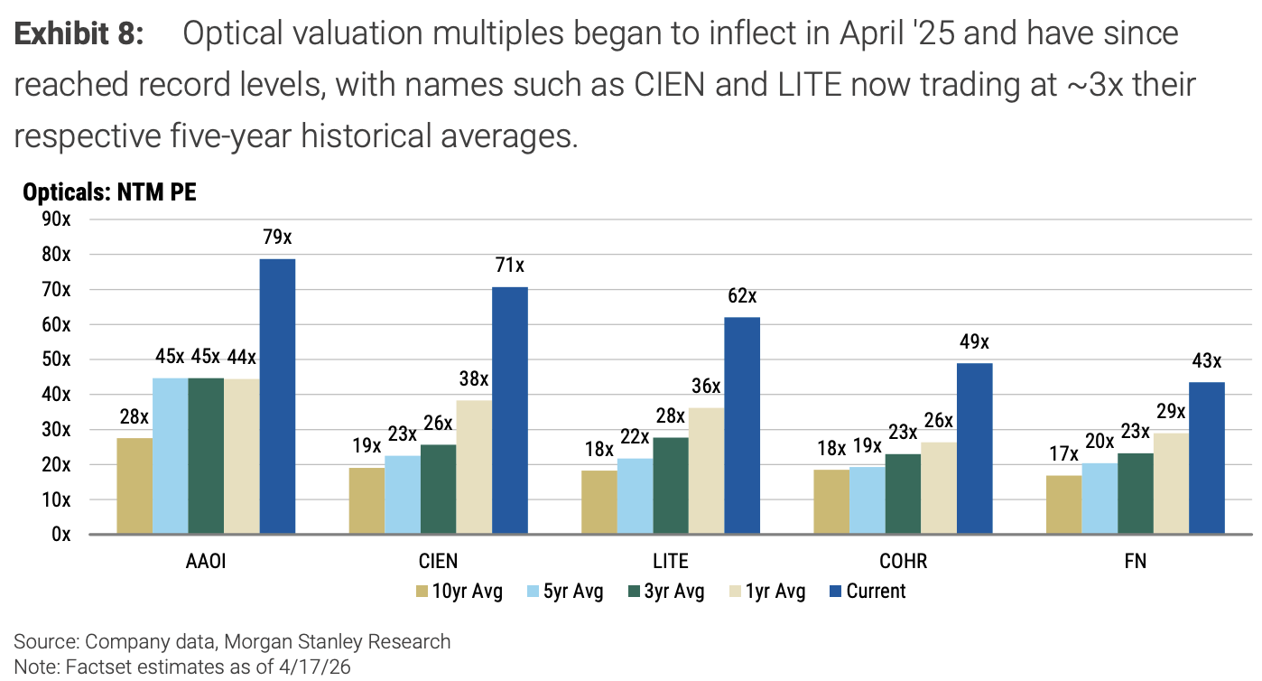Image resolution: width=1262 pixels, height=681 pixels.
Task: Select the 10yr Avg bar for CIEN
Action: click(367, 500)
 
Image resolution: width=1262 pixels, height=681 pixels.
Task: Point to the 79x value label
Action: click(277, 238)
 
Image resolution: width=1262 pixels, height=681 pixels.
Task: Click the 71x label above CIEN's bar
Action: click(509, 266)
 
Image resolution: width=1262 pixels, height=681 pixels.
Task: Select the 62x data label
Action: click(742, 296)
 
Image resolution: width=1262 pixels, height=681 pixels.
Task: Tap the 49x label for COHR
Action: click(974, 342)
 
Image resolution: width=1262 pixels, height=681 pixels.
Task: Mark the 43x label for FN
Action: click(1207, 361)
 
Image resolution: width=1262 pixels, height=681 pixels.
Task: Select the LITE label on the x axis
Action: click(671, 562)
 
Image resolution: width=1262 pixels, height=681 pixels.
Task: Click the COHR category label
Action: click(903, 562)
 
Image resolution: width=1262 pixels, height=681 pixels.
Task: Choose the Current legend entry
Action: click(875, 592)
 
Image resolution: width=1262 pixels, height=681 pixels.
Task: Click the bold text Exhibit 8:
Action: click(79, 33)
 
